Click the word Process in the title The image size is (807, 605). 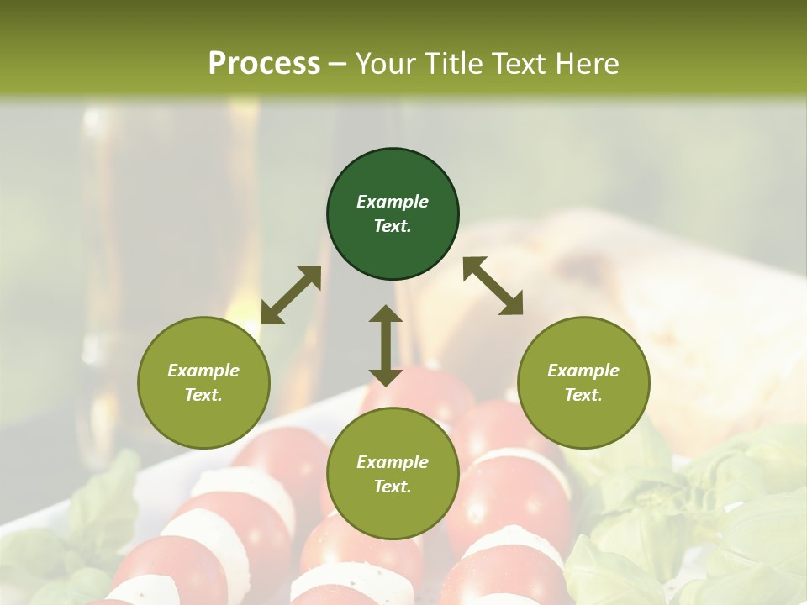point(264,64)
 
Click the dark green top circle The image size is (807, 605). point(393,173)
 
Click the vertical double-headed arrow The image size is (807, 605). point(386,345)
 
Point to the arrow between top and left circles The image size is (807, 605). point(291,295)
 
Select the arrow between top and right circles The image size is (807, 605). point(493,286)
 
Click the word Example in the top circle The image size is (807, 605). point(393,202)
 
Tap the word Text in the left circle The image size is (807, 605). point(203,395)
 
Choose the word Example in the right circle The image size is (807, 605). point(583,371)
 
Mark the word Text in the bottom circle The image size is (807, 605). point(393,487)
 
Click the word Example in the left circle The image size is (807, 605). point(203,371)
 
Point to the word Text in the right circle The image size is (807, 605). point(583,395)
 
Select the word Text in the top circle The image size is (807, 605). point(393,226)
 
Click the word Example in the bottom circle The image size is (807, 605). point(393,462)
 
